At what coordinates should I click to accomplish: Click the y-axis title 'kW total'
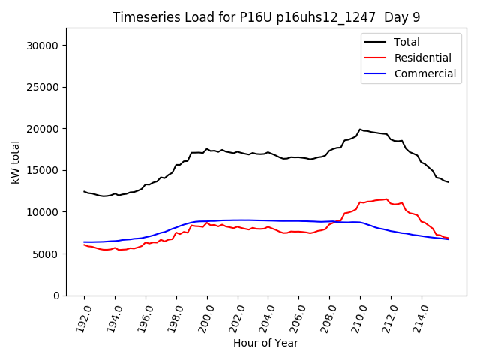16,162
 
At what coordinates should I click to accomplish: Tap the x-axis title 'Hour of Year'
265,343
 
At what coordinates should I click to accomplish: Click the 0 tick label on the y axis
57,295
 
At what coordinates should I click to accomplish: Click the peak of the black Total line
360,130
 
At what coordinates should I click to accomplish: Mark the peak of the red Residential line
387,199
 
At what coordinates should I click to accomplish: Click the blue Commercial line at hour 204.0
268,220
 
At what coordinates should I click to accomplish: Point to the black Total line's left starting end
84,191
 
